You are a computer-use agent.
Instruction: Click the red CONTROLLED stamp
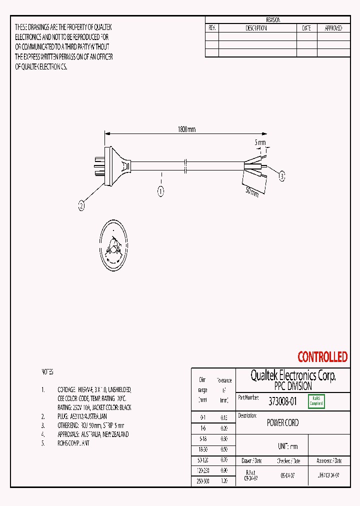(x=322, y=357)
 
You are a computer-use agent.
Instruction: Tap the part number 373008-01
(x=282, y=401)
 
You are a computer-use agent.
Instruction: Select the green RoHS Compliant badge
(x=316, y=401)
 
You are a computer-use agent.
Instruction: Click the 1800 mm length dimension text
(x=186, y=129)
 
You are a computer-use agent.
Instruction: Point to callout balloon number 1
(x=161, y=190)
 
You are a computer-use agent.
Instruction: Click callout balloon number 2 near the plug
(x=81, y=204)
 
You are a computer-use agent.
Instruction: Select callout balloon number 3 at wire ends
(x=281, y=176)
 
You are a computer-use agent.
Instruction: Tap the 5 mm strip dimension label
(x=260, y=142)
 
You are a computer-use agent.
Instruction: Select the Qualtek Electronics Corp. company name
(x=293, y=375)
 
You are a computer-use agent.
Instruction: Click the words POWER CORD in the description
(x=282, y=423)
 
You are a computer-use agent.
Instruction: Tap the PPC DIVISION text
(x=293, y=386)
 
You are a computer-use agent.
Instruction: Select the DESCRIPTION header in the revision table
(x=256, y=28)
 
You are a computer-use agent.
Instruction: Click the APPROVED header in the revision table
(x=333, y=28)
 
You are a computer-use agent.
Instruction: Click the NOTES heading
(x=47, y=372)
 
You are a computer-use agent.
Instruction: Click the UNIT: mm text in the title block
(x=287, y=446)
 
